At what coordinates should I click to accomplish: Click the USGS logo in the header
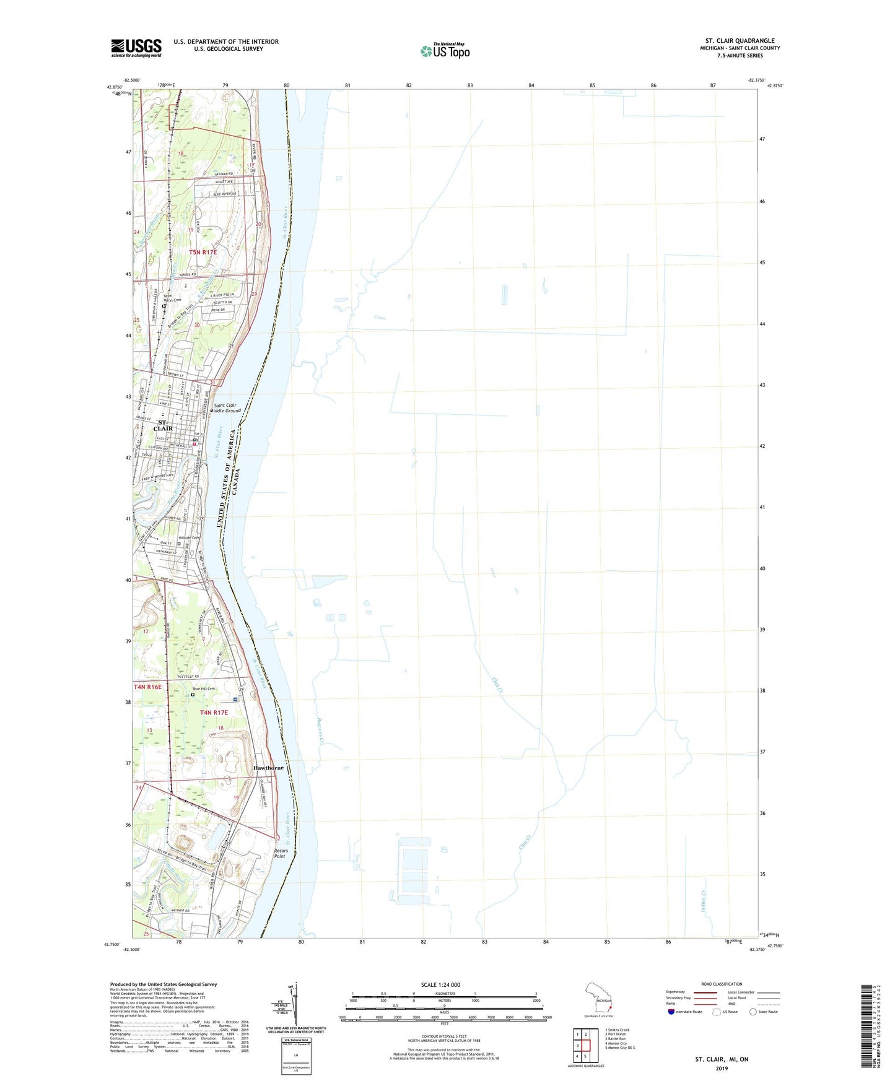point(136,48)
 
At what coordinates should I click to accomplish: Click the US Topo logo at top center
point(445,50)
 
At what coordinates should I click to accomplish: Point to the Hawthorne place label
point(268,768)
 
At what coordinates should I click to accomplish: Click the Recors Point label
point(281,853)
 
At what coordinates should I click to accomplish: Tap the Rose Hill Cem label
point(203,688)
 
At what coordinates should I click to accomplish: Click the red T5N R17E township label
point(203,252)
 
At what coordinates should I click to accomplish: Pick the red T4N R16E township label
point(147,687)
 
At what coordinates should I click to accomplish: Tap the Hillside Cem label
point(189,537)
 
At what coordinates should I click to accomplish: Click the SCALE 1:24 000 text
point(440,985)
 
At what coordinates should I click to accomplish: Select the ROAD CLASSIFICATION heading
point(722,984)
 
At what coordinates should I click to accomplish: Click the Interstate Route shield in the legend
point(671,1012)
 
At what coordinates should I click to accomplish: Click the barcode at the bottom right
point(868,1027)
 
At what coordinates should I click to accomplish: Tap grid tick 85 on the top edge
point(592,85)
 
